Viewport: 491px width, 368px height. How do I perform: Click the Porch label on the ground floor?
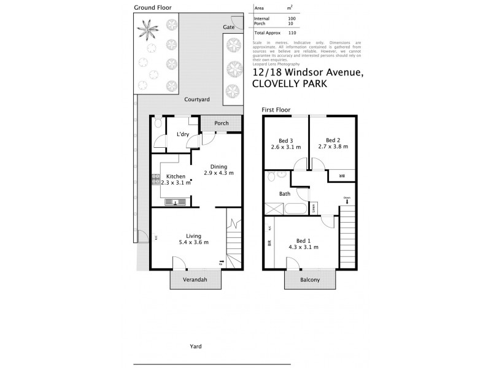coord(222,123)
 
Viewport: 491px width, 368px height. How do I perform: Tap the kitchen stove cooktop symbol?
coord(155,180)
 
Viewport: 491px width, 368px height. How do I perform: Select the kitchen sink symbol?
coord(176,202)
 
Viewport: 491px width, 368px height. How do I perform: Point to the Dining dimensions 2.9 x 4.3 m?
coord(218,174)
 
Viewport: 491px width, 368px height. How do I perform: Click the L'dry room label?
coord(182,134)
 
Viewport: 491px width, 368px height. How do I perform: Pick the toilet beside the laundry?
coord(158,125)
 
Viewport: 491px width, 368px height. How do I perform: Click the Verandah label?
coord(195,280)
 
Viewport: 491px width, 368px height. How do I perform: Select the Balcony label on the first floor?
coord(310,280)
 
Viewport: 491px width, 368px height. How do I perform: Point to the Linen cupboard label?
coord(314,209)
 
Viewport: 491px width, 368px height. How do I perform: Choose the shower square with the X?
coord(273,209)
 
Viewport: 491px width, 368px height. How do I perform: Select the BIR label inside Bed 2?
coord(343,176)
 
